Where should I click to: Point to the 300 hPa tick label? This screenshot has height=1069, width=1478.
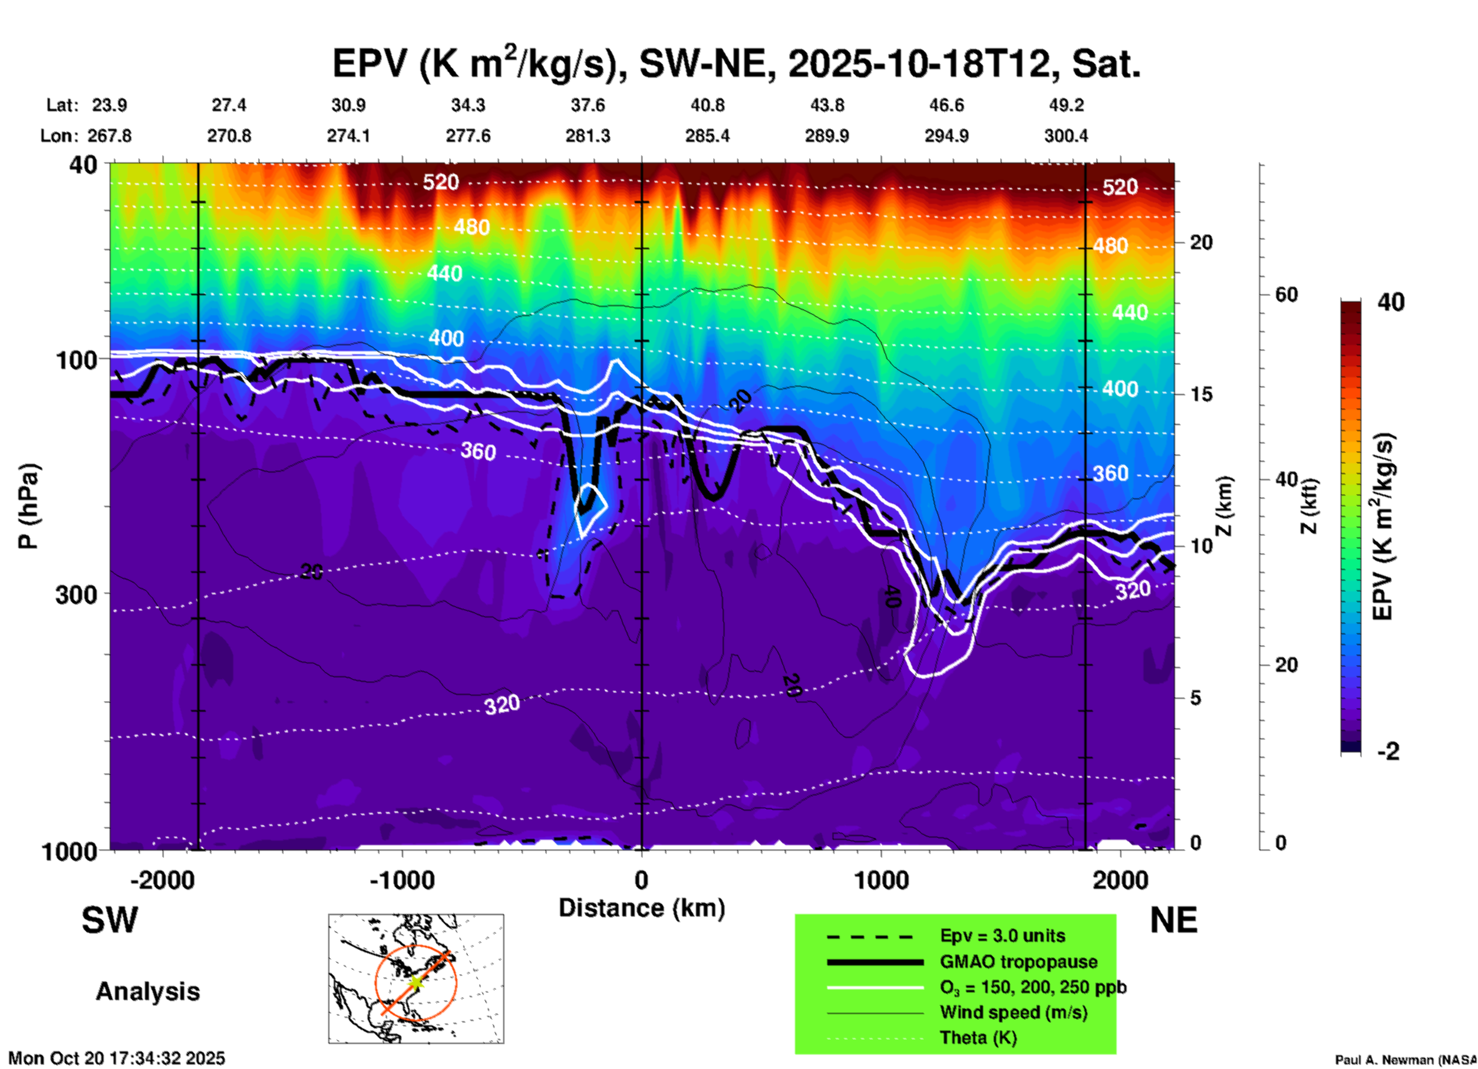77,594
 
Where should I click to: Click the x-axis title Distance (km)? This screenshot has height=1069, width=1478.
642,908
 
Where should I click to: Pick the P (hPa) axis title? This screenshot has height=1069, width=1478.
28,506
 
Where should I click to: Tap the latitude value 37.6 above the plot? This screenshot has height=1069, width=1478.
588,105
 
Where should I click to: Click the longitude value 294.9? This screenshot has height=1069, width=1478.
946,136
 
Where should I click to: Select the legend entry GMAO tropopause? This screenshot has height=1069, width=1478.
1018,962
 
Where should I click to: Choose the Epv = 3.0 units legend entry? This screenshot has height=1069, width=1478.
1002,936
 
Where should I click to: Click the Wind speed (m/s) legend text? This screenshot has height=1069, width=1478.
1013,1012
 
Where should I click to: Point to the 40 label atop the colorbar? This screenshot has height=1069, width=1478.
1391,302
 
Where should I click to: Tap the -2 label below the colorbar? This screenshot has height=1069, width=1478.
1388,752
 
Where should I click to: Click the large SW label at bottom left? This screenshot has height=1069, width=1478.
110,920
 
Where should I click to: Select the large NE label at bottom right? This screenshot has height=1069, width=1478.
1173,920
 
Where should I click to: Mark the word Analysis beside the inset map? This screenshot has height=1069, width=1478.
147,992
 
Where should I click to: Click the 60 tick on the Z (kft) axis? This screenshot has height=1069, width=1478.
1286,294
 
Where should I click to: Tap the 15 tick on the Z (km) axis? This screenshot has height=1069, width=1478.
1201,394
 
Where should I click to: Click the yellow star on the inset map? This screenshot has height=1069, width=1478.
415,982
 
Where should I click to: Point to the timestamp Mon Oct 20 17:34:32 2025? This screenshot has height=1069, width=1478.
117,1058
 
